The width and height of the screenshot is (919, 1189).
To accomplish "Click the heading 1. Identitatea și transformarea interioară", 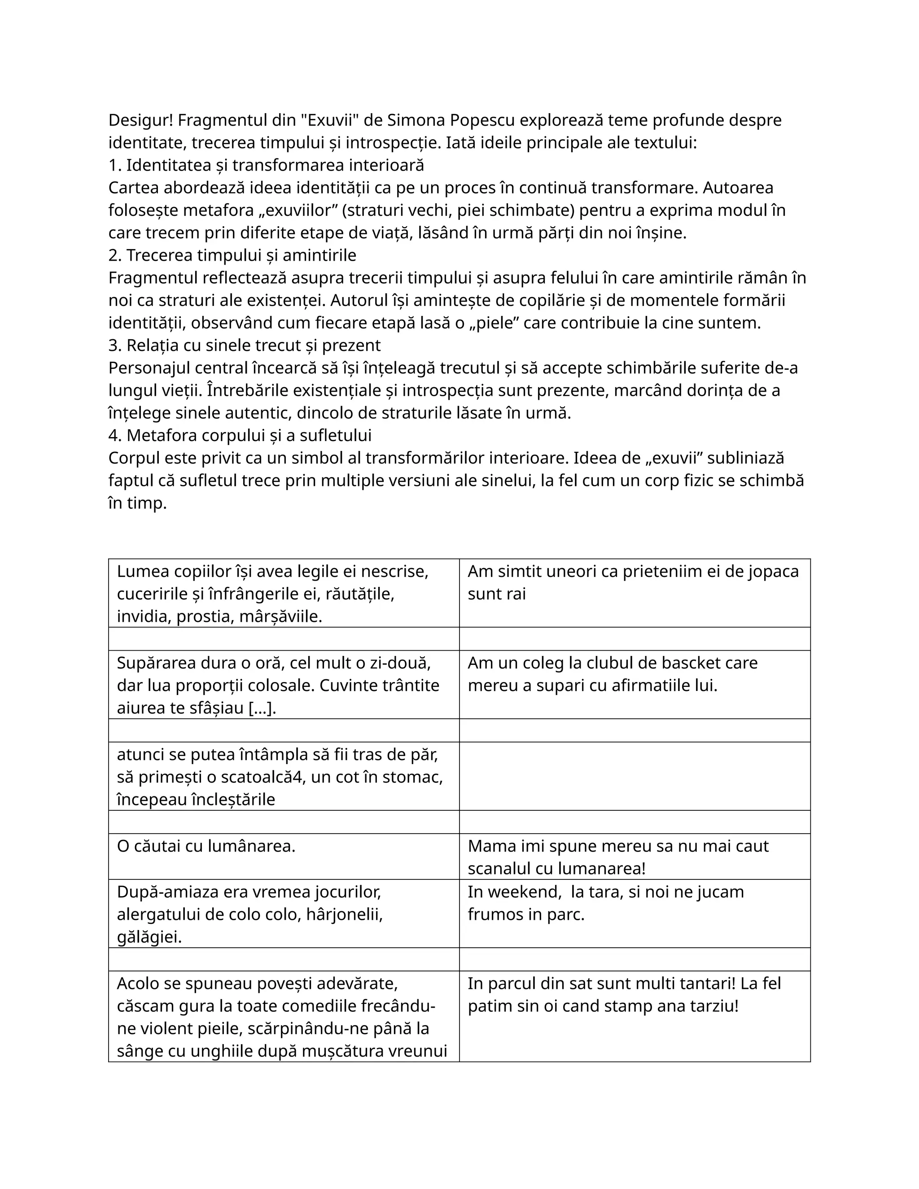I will pos(266,165).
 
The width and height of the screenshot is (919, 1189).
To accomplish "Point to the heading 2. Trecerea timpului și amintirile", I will pos(232,255).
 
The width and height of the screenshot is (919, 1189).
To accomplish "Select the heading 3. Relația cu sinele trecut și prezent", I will pos(245,345).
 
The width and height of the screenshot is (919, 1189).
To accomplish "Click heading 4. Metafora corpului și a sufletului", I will pos(240,436).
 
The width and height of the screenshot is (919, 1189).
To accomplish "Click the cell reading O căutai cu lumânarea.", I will pos(206,846).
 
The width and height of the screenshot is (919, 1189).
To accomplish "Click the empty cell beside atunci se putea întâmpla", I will pos(634,776).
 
